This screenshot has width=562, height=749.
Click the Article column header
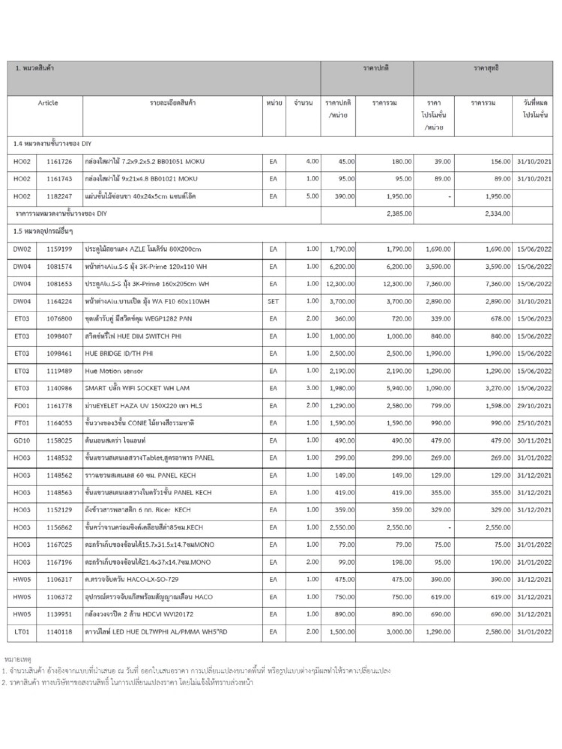click(48, 103)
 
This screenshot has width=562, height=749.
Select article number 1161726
click(59, 161)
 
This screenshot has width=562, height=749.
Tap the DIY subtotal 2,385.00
click(399, 214)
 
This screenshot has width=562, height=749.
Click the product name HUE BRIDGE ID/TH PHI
click(119, 353)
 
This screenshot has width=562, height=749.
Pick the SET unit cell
click(273, 301)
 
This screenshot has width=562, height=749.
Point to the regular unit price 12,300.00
click(338, 284)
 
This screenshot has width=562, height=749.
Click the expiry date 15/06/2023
click(534, 319)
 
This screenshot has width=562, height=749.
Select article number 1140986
click(59, 388)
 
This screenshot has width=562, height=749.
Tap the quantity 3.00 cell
click(312, 388)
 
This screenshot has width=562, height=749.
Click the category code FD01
click(22, 406)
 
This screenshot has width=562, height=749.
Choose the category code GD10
click(22, 440)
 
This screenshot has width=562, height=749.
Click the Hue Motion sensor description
click(114, 371)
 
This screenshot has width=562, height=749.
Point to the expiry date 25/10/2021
click(534, 423)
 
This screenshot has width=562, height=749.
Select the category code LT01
click(22, 632)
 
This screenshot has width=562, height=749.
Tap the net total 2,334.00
click(498, 214)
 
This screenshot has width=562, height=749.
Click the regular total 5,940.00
click(399, 388)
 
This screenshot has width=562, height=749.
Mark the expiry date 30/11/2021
click(534, 440)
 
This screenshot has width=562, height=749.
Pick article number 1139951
click(59, 614)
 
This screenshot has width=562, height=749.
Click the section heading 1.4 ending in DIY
click(52, 144)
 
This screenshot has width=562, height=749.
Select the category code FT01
click(22, 423)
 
